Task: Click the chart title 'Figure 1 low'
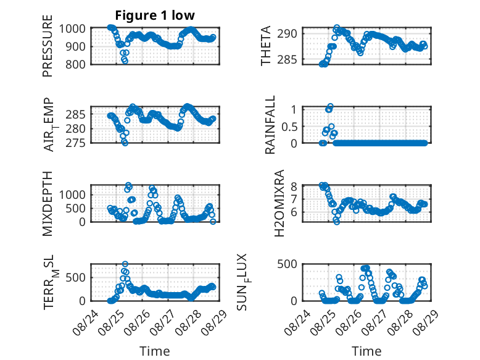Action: tap(155, 15)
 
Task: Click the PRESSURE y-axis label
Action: tap(48, 46)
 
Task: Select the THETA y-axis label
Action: tap(266, 46)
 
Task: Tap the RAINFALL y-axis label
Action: tap(270, 125)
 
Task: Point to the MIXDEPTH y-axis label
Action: tap(48, 204)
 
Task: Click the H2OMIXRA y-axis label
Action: tap(279, 203)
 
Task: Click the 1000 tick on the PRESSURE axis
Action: tap(72, 28)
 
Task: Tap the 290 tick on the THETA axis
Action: tap(287, 33)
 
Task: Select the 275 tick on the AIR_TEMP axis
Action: tap(75, 143)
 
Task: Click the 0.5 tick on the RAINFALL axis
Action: tap(289, 127)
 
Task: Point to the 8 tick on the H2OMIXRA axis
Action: tap(294, 186)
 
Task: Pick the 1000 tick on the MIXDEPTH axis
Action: tap(72, 195)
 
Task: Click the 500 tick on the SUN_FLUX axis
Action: tap(287, 264)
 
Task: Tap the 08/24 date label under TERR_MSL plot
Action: tap(85, 322)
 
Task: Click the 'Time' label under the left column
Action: tap(155, 351)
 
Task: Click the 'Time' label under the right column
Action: tap(366, 351)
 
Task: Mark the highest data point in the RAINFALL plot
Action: tap(330, 106)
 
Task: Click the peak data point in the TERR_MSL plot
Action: tap(125, 264)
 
